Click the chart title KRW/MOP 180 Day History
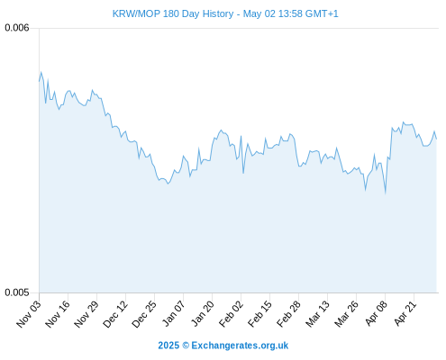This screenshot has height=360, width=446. click(x=173, y=13)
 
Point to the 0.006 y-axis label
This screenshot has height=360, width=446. click(x=17, y=28)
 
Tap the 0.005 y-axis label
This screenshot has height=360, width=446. click(x=17, y=292)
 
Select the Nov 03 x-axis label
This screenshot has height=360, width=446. click(x=29, y=314)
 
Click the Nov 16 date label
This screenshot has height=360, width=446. click(x=58, y=314)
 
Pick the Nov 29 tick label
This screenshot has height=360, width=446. click(x=86, y=314)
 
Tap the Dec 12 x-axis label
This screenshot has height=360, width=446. click(x=115, y=314)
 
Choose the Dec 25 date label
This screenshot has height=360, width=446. click(x=144, y=314)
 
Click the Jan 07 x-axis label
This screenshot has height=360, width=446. click(x=173, y=313)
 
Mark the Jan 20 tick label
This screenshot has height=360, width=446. click(x=203, y=313)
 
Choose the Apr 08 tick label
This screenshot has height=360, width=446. click(x=376, y=313)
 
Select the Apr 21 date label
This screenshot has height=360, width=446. click(x=405, y=313)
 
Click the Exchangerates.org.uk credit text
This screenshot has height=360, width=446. click(x=240, y=346)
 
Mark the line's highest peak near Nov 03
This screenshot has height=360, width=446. click(x=41, y=72)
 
